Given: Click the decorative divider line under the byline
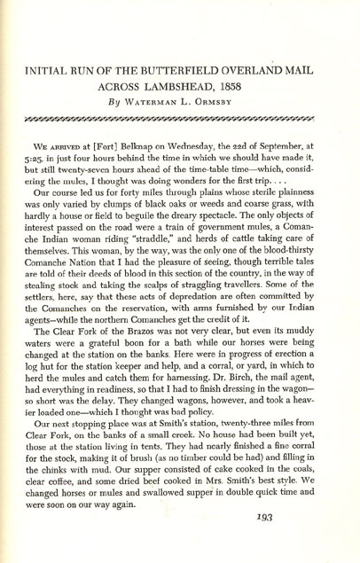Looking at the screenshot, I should click(180, 116).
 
